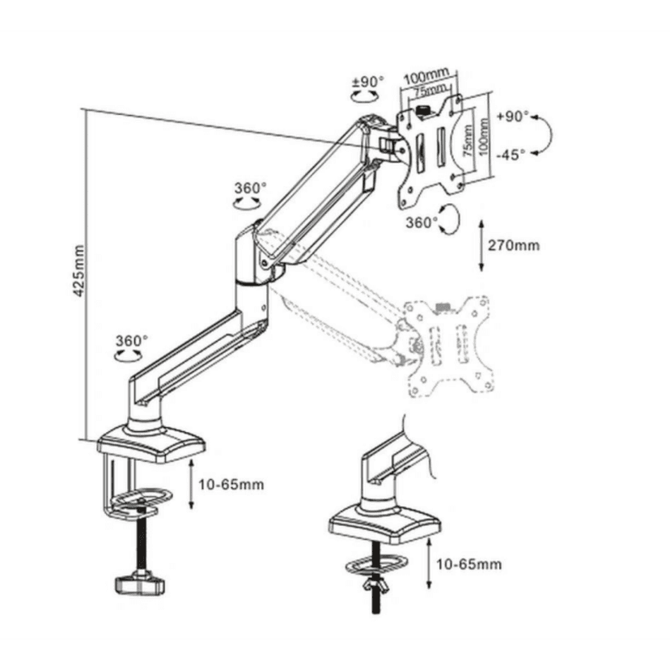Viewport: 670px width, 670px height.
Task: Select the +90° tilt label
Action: click(512, 117)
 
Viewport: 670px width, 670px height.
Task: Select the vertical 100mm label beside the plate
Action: click(483, 139)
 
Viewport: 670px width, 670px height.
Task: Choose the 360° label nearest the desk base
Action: click(132, 341)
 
